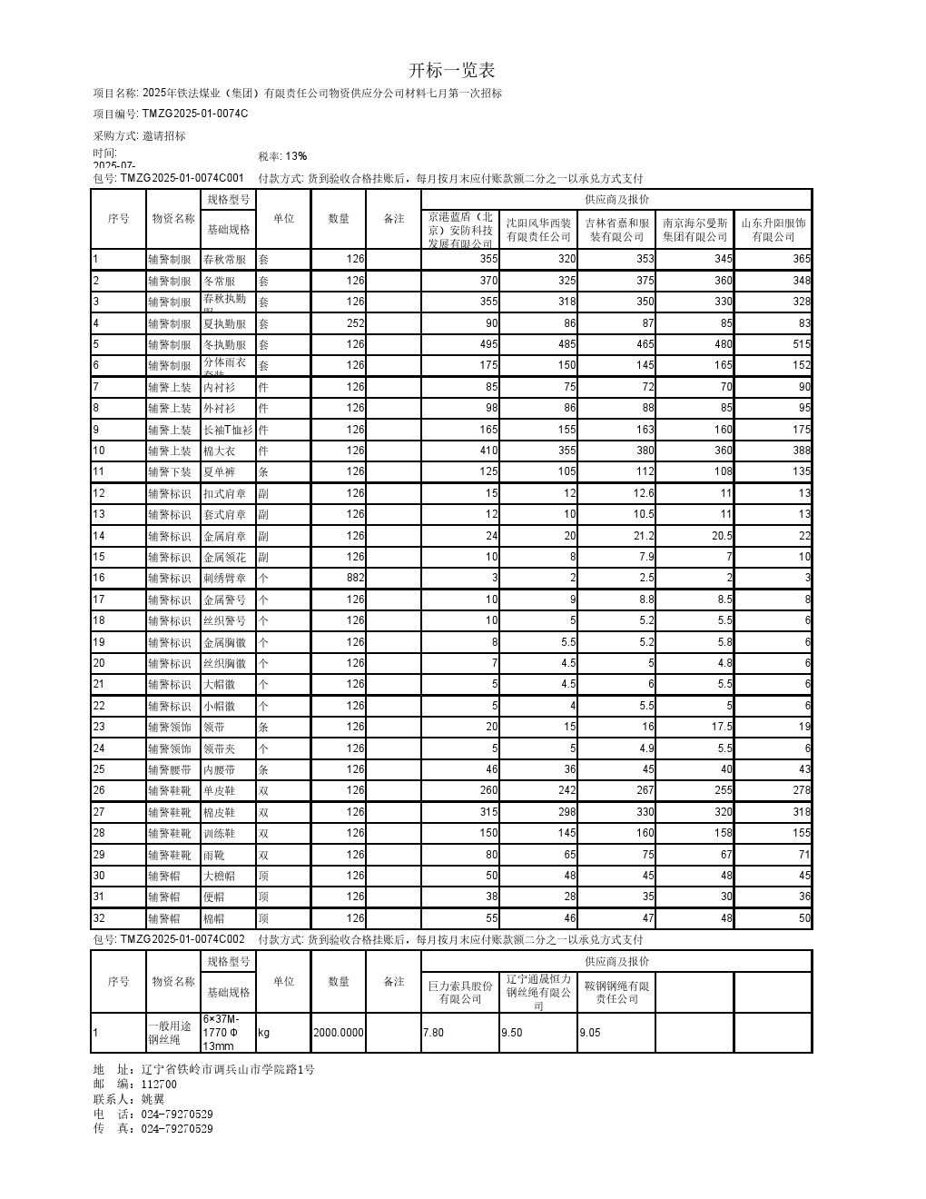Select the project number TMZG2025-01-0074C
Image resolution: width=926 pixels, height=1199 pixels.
[194, 114]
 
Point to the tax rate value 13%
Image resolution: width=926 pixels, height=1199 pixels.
[296, 156]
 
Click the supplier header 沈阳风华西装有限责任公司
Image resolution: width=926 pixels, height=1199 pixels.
[538, 230]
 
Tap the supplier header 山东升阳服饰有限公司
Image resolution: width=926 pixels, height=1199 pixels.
[773, 230]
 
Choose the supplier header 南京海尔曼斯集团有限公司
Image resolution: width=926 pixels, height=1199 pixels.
[695, 230]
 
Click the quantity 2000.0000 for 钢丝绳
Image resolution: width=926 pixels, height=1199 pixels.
[338, 1033]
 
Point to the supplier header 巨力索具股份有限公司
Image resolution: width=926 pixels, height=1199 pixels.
[460, 992]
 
